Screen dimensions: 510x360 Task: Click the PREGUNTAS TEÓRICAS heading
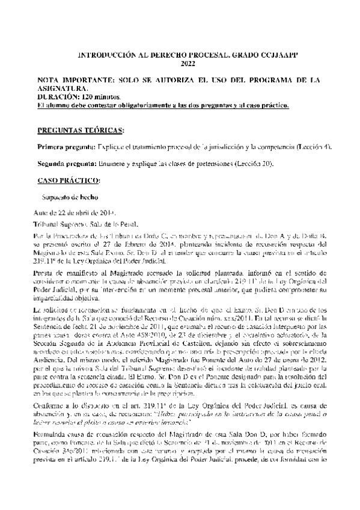81,130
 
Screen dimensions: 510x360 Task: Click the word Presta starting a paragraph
46,272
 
